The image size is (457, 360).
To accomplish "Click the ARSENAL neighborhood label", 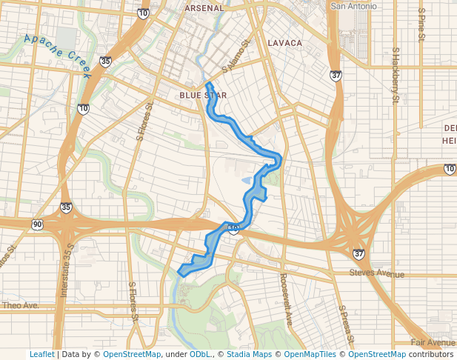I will click(204, 7).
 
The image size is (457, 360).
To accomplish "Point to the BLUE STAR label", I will click(203, 96).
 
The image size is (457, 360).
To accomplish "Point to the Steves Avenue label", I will click(377, 274).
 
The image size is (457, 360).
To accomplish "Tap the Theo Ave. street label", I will click(20, 305).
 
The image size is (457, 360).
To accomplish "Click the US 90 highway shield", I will click(37, 224).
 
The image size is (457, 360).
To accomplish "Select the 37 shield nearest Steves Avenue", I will click(359, 254).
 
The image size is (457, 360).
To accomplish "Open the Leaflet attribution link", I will click(41, 355).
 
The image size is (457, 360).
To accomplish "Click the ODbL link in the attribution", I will click(200, 355).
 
